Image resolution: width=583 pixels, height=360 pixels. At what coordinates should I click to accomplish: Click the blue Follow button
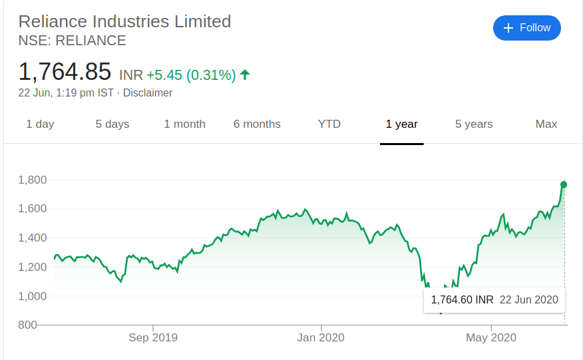[526, 28]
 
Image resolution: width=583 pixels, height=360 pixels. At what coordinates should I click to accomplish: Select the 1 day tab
[40, 124]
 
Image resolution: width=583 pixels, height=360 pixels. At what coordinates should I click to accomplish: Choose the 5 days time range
[112, 124]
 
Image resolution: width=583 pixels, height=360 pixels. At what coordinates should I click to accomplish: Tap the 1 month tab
[184, 124]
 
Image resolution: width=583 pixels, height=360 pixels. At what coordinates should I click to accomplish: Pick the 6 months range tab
[257, 124]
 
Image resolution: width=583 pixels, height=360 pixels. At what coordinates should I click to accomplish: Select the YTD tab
[329, 124]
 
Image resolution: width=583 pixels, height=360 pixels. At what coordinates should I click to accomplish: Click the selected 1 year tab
[402, 124]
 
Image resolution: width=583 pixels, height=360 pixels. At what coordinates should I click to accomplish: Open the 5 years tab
[474, 124]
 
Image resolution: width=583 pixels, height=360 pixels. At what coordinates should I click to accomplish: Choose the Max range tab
[546, 124]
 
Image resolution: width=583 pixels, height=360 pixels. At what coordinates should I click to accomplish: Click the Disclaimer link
[148, 93]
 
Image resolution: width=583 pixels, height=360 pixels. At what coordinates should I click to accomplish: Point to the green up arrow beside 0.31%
[245, 75]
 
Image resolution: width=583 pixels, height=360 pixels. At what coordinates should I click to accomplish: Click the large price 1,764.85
[65, 72]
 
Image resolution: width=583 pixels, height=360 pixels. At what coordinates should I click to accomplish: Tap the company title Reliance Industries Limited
[124, 21]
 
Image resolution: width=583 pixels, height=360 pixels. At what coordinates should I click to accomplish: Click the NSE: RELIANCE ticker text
[72, 41]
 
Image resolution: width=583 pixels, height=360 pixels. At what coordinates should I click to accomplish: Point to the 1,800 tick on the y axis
[32, 180]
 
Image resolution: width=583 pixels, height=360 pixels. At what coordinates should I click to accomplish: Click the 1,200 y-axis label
[32, 267]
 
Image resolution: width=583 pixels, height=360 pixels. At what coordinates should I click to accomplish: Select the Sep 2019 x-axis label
[153, 338]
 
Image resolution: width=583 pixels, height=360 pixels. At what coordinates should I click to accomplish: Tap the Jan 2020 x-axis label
[321, 338]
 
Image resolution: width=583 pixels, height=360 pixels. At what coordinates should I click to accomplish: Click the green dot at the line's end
[564, 184]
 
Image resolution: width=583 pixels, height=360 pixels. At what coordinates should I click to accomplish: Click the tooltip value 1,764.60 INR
[462, 300]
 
